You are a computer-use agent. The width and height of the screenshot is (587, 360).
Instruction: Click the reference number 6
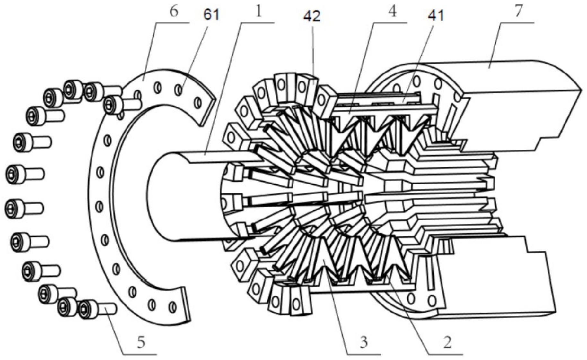click(173, 13)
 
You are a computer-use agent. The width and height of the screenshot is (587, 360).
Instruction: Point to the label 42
click(312, 16)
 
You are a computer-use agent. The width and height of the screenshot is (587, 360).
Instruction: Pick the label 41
click(436, 15)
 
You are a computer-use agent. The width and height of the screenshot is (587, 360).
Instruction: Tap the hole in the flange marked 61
click(178, 90)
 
